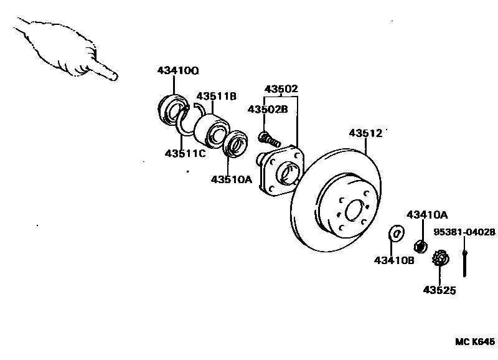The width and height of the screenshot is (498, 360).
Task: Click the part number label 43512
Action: click(365, 133)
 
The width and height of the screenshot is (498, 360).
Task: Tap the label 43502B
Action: click(267, 109)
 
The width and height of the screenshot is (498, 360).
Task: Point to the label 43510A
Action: click(231, 179)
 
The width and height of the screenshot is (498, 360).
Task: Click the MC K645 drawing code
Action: click(474, 342)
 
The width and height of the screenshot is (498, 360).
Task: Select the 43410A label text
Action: click(427, 215)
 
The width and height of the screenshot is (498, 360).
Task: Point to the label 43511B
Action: click(217, 97)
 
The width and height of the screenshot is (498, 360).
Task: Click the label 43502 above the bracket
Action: click(281, 88)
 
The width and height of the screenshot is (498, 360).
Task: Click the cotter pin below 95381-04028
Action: click(465, 262)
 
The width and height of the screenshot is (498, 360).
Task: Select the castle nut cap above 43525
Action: click(440, 257)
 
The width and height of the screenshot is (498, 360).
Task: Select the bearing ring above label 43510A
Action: click(235, 144)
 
